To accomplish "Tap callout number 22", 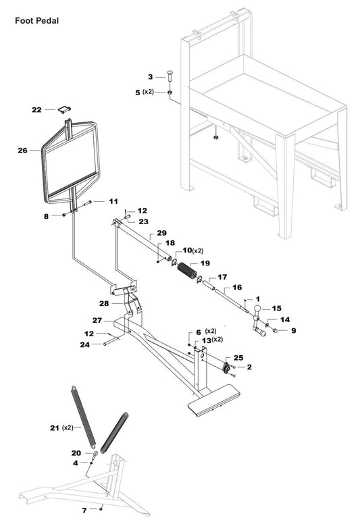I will [x=36, y=109].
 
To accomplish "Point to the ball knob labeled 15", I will [x=259, y=311].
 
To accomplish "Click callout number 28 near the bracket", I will [x=104, y=303].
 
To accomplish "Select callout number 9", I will [x=293, y=331].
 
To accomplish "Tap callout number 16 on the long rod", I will [x=236, y=287].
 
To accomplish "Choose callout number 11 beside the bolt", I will [x=113, y=201].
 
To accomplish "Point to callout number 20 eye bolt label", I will [x=76, y=452].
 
